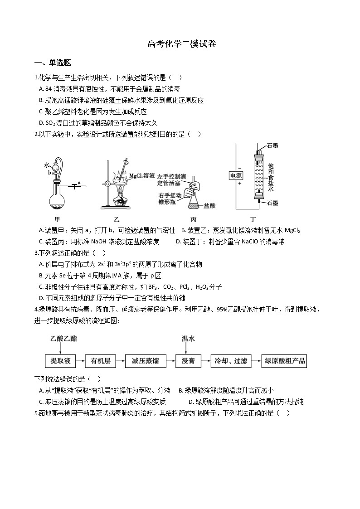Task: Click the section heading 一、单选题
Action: click(53, 63)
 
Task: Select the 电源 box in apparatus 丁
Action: click(236, 175)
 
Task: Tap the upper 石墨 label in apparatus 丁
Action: click(272, 145)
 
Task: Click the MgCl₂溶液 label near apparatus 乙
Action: click(142, 175)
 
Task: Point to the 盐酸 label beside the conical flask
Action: click(209, 205)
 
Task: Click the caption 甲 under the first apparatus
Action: click(57, 219)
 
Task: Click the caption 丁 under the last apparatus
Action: click(253, 219)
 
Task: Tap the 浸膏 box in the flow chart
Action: click(188, 361)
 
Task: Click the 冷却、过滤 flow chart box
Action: click(231, 361)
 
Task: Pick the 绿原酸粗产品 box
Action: click(285, 361)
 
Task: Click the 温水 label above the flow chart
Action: click(188, 339)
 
